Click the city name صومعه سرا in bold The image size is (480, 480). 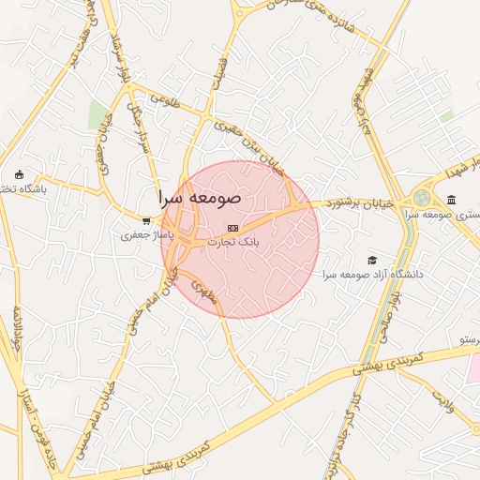[200, 198]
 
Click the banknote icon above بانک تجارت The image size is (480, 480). [233, 228]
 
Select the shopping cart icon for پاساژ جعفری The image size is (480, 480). [145, 222]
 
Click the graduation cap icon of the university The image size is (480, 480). [372, 260]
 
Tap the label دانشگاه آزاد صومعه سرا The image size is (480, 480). [373, 274]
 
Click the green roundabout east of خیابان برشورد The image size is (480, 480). [422, 199]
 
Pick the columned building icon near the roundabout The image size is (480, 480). [452, 201]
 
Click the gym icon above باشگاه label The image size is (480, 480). [20, 175]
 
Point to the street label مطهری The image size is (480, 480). [204, 292]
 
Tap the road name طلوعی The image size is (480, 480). [165, 97]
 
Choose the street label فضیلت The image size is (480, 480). [221, 69]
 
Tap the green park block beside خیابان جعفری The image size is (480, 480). [97, 116]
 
